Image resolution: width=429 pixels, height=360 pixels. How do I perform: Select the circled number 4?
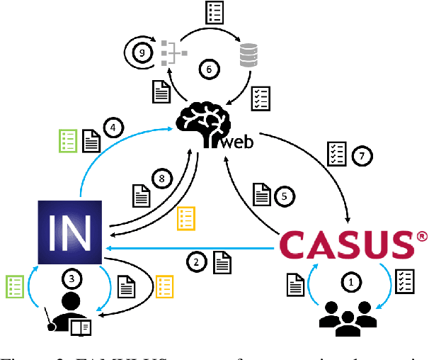coord(113,128)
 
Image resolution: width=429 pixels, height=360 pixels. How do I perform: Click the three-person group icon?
coord(348,317)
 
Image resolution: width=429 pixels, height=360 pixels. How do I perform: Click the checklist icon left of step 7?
coord(334,152)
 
